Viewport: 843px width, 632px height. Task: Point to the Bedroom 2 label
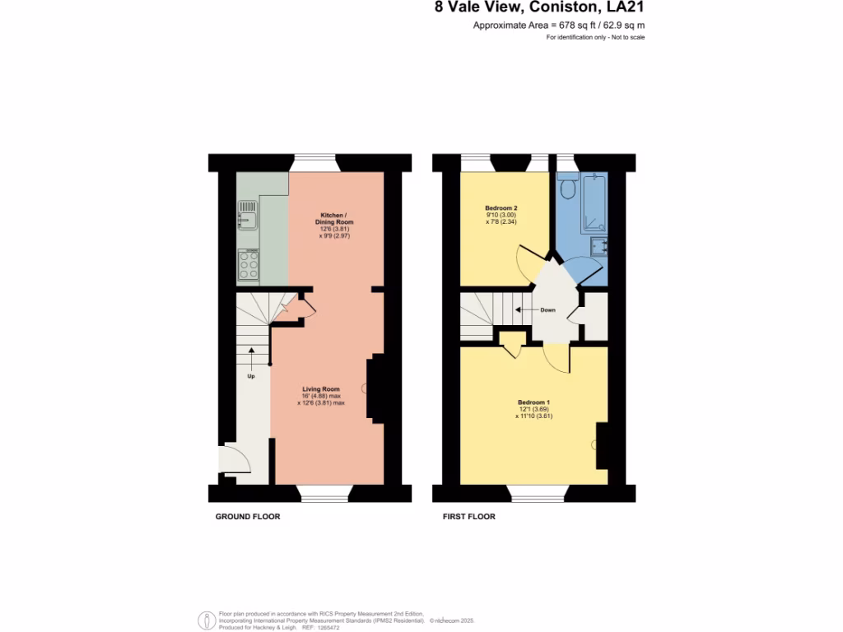point(501,208)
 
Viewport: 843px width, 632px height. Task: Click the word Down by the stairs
point(547,310)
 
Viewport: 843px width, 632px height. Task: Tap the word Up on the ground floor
point(251,376)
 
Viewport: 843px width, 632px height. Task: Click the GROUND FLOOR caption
point(248,517)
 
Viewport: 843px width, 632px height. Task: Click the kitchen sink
point(248,219)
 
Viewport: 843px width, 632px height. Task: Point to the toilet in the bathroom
point(566,188)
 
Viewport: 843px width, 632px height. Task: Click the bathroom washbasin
point(598,246)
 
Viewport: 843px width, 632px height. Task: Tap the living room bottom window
point(324,493)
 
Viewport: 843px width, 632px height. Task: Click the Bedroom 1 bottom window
point(538,493)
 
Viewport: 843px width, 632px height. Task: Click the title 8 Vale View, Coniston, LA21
point(539,9)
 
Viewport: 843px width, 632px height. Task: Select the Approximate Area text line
point(558,26)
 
